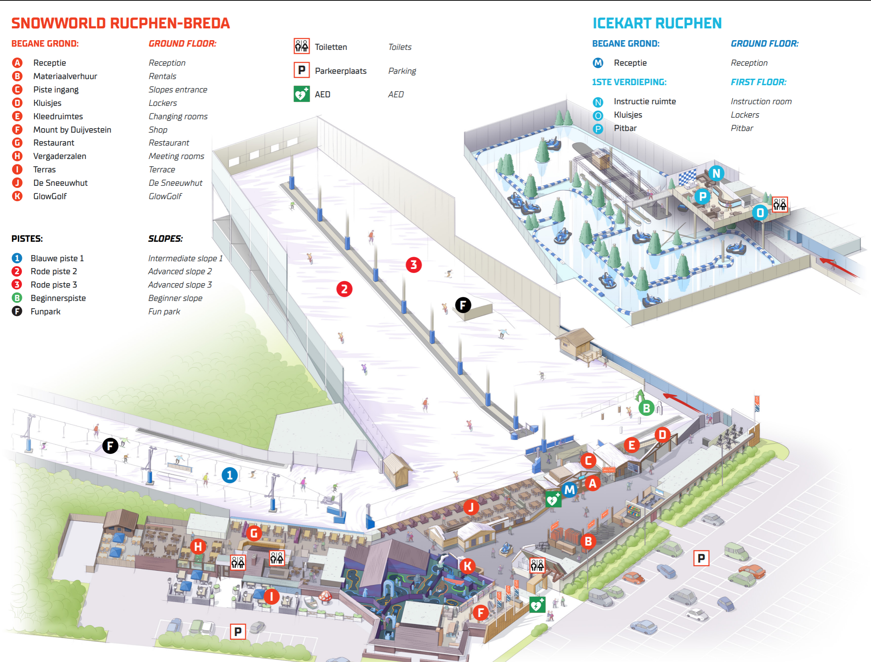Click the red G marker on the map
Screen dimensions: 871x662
coord(254,533)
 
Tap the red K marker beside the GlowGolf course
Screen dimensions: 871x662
coord(468,565)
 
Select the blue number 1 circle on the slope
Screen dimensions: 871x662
coord(230,475)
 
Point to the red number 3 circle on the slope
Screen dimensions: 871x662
coord(414,265)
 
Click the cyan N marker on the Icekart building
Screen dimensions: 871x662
coord(717,173)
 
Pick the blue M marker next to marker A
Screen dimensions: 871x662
coord(570,490)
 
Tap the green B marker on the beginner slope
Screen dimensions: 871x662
coord(646,408)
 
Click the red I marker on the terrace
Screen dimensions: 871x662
coord(271,597)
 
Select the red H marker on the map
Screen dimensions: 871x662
coord(198,546)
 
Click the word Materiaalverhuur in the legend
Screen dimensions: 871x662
coord(65,76)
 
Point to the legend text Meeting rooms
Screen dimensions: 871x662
coord(176,156)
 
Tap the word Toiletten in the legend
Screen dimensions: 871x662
coord(331,47)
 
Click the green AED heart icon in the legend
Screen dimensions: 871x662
coord(301,94)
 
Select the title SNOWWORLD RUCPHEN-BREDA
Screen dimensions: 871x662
coord(120,23)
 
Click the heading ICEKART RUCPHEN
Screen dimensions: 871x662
coord(657,23)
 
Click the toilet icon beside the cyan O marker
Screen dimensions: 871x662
coord(779,204)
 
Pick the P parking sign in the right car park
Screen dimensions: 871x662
coord(701,559)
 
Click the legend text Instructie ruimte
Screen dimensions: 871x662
coord(645,101)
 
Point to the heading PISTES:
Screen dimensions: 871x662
coord(27,239)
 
